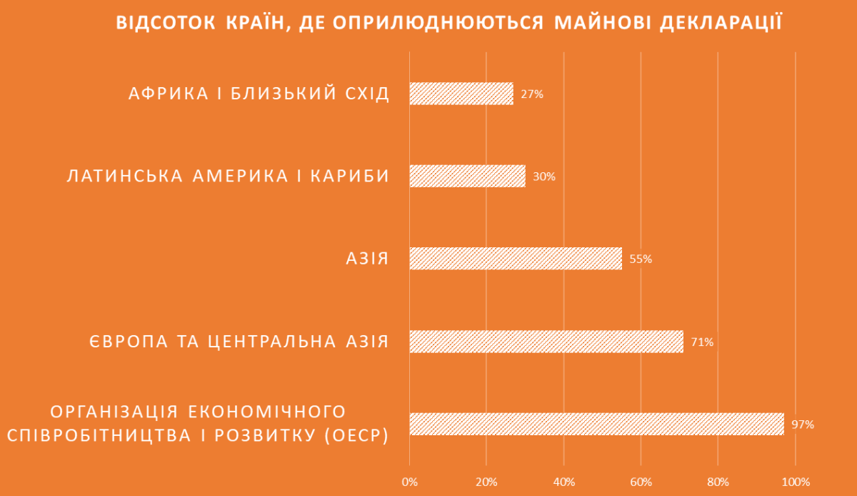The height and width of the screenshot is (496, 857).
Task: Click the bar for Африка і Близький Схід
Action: click(461, 94)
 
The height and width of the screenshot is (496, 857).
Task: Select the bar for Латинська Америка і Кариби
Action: click(467, 176)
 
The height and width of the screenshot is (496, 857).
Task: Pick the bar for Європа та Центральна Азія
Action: click(546, 342)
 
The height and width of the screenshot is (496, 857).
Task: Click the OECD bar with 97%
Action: click(596, 424)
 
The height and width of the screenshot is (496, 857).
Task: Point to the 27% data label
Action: click(532, 94)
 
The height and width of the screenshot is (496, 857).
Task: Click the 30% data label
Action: click(544, 177)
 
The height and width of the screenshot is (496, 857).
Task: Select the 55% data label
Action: click(641, 259)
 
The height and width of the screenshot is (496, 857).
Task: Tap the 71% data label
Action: click(702, 342)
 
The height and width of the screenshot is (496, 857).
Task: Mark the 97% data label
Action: click(803, 425)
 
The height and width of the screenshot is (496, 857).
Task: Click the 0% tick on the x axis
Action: click(410, 481)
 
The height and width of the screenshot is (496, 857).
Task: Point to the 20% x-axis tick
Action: click(486, 481)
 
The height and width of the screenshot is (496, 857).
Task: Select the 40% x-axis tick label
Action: click(563, 481)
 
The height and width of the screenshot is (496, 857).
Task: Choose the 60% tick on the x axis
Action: click(641, 481)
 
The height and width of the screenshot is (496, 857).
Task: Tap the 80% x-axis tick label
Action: click(718, 481)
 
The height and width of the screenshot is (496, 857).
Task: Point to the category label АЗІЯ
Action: click(364, 258)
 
